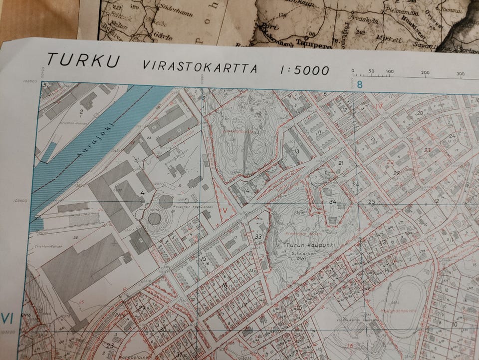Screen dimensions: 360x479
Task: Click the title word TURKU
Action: click(84, 60)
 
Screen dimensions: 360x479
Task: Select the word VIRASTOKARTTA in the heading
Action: click(200, 66)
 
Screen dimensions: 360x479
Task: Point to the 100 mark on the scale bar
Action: click(389, 72)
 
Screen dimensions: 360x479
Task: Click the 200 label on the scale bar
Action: click(425, 73)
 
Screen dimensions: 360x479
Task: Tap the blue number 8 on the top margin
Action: click(360, 84)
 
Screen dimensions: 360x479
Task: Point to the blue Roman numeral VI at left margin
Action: click(6, 318)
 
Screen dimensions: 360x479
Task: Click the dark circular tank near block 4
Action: click(155, 218)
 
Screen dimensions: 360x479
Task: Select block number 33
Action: click(258, 236)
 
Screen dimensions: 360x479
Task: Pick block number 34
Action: click(333, 202)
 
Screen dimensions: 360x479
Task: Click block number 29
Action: click(142, 308)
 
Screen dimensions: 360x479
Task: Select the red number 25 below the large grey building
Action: click(82, 303)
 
